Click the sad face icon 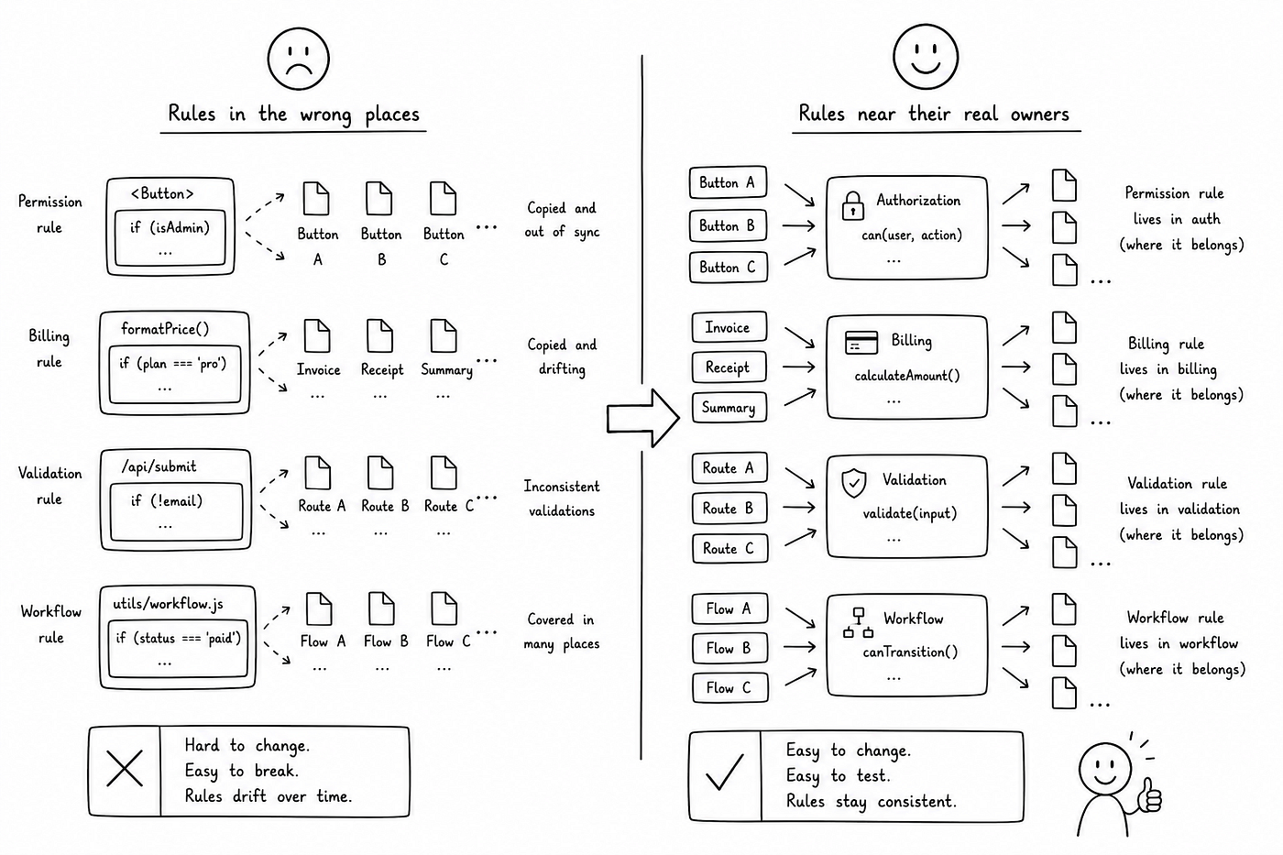click(x=299, y=59)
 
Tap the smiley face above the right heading click(x=926, y=57)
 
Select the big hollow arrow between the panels click(x=643, y=418)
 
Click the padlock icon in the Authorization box click(x=853, y=205)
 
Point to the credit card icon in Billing click(x=861, y=343)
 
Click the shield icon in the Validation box click(x=853, y=483)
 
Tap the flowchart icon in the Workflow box click(x=858, y=623)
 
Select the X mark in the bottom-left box click(x=125, y=769)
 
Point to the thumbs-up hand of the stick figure click(x=1149, y=795)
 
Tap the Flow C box click(x=729, y=688)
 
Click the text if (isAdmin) click(x=170, y=228)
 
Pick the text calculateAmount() click(x=906, y=376)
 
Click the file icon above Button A click(x=316, y=198)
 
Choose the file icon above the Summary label click(x=444, y=335)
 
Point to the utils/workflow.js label click(x=168, y=604)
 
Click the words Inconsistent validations click(x=561, y=499)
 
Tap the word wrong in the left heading click(x=326, y=115)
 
